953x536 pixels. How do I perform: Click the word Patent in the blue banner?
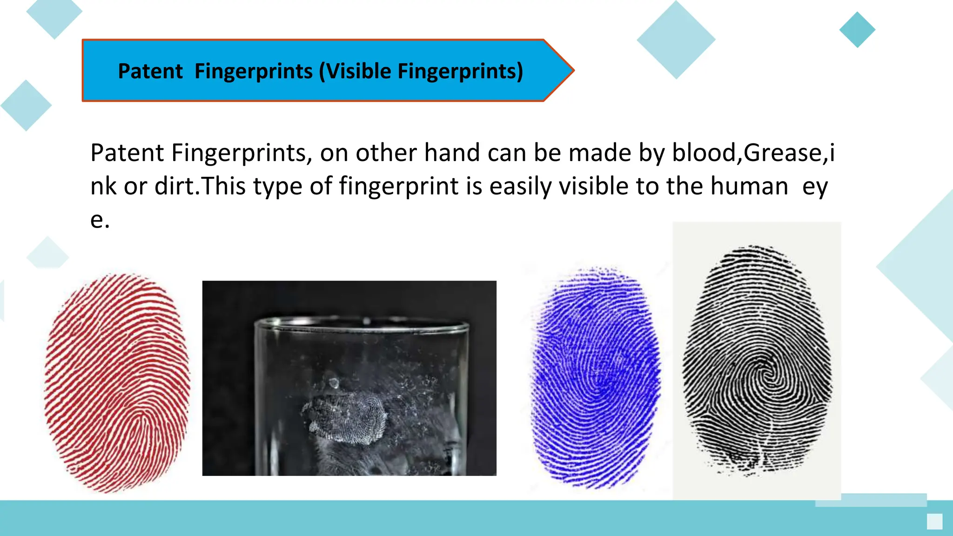(150, 71)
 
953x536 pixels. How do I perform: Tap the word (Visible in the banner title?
(355, 71)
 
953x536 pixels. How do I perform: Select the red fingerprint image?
(117, 382)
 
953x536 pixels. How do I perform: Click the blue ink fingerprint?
(596, 378)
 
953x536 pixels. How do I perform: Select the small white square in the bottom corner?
(934, 522)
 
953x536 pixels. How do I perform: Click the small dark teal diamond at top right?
(857, 30)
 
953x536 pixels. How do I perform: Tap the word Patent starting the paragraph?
(127, 153)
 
